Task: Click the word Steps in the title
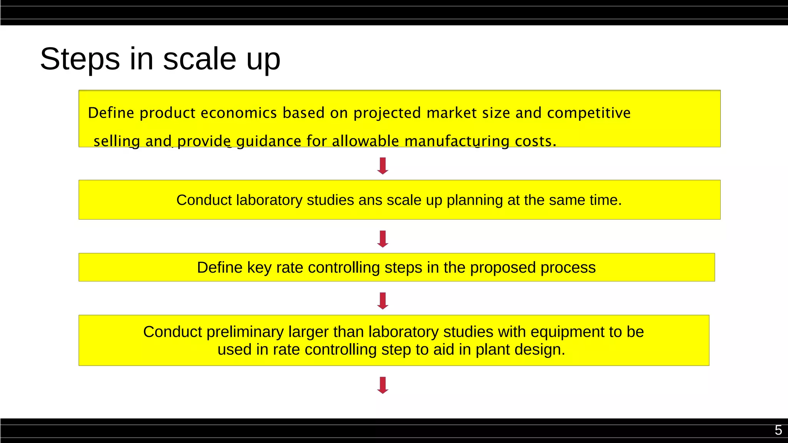[x=80, y=59]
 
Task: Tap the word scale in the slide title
[x=199, y=59]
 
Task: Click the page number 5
[x=778, y=430]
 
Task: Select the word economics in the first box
[x=239, y=113]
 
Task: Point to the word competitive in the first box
[x=589, y=113]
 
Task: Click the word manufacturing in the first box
[x=457, y=142]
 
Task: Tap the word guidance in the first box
[x=269, y=142]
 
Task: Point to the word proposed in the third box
[x=503, y=268]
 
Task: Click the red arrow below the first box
[x=383, y=166]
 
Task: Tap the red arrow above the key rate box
[x=383, y=239]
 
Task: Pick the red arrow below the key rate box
[x=383, y=301]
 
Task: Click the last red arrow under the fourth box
[x=383, y=385]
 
